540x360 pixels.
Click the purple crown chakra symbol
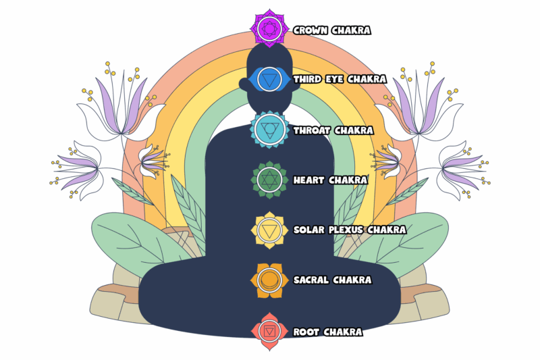[x=269, y=28]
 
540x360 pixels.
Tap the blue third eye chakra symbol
[x=269, y=80]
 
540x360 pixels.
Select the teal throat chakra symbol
[x=269, y=130]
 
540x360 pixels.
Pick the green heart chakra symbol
[x=269, y=180]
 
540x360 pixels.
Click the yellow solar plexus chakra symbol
[x=269, y=230]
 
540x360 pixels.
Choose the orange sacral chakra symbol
[x=269, y=280]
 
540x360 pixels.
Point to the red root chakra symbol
[x=269, y=332]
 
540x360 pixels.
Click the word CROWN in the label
[x=310, y=30]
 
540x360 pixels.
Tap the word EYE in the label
[x=334, y=80]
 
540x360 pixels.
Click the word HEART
[x=308, y=180]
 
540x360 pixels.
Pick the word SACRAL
[x=311, y=280]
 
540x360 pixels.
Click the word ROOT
[x=306, y=332]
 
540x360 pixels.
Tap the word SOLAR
[x=309, y=230]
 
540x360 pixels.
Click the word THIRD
[x=307, y=80]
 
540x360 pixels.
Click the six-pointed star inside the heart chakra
[x=269, y=180]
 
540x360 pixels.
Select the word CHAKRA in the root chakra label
[x=343, y=332]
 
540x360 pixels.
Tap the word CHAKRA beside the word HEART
[x=348, y=180]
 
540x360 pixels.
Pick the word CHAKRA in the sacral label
[x=352, y=280]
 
